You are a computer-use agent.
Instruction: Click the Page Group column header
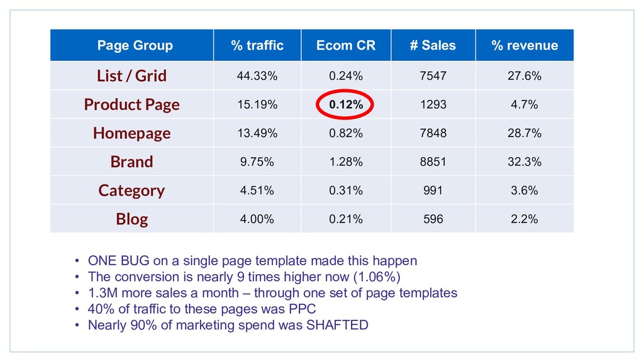point(135,45)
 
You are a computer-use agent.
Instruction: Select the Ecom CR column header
point(346,45)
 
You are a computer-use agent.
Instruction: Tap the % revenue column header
point(525,45)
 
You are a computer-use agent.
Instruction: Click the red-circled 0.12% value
point(346,105)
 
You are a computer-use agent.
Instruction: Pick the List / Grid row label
point(131,76)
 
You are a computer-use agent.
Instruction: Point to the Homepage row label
point(131,133)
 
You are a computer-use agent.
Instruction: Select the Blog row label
point(131,219)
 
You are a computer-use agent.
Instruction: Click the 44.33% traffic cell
point(257,76)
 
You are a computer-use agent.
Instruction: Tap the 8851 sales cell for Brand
point(433,162)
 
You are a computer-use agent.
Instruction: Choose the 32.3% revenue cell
point(525,162)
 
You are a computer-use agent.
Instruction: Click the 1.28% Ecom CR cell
point(346,162)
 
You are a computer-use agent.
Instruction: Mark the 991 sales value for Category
point(433,190)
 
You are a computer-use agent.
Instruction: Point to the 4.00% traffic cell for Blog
point(257,219)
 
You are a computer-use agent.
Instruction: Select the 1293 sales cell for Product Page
point(433,105)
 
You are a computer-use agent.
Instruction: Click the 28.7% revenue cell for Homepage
point(525,133)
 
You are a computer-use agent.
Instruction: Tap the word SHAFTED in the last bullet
point(337,325)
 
